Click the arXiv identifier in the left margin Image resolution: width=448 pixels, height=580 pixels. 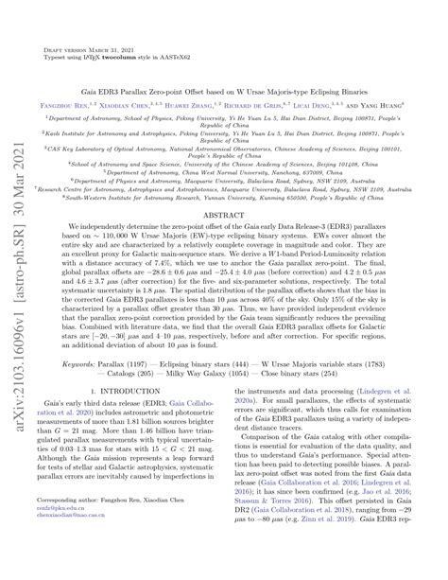[17, 290]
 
